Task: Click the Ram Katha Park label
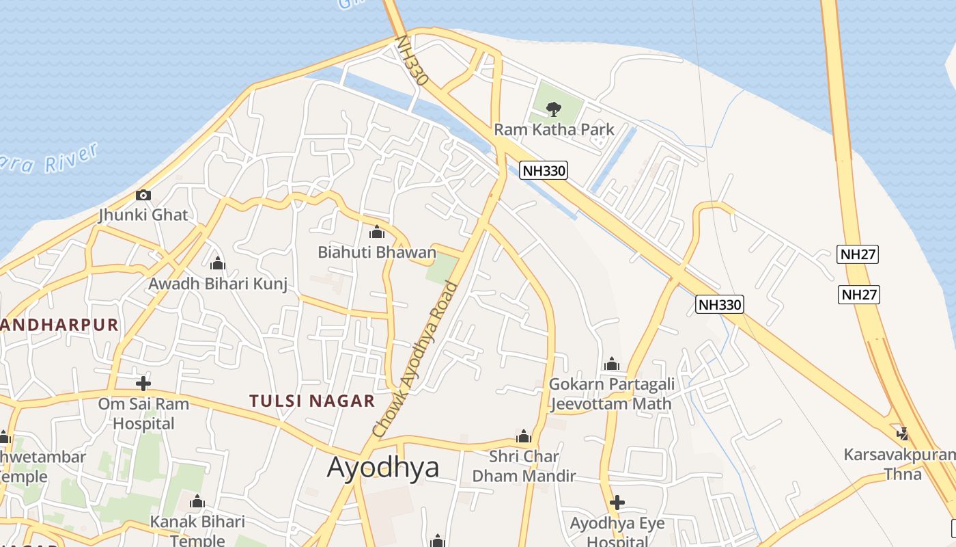[x=554, y=129]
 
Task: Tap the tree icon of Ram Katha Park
[x=554, y=108]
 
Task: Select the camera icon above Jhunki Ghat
[x=143, y=195]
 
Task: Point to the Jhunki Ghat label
[x=143, y=215]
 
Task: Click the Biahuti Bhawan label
[x=376, y=252]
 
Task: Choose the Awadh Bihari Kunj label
[x=218, y=283]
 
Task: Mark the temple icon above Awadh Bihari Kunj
[x=218, y=263]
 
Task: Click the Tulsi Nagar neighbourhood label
[x=312, y=401]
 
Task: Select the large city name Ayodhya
[x=382, y=467]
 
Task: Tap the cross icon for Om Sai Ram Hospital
[x=143, y=383]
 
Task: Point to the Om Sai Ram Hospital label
[x=143, y=414]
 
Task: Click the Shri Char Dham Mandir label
[x=524, y=466]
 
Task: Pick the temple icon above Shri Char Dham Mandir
[x=524, y=437]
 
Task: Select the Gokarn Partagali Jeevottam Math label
[x=612, y=393]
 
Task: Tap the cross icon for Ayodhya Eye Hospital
[x=617, y=503]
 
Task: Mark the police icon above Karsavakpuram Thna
[x=903, y=433]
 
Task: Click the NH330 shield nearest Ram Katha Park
[x=544, y=171]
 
